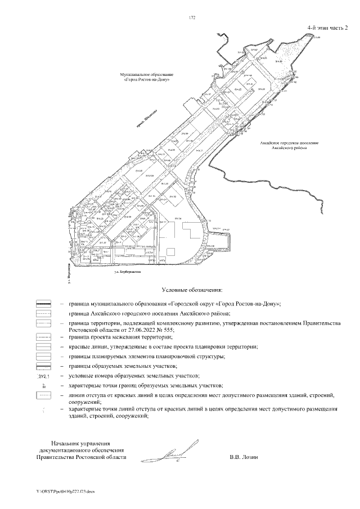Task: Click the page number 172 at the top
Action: (x=192, y=18)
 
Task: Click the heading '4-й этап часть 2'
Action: (x=327, y=27)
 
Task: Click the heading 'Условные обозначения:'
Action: (x=192, y=290)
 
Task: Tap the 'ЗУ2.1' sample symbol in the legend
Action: (x=43, y=375)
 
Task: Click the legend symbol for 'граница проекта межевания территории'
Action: (x=43, y=337)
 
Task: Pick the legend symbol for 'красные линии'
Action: (x=43, y=346)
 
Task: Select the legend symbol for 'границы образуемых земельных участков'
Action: (x=43, y=366)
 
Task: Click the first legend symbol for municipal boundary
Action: (x=43, y=303)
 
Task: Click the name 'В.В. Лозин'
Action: (x=244, y=457)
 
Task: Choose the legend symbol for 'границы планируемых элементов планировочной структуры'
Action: (x=43, y=356)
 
